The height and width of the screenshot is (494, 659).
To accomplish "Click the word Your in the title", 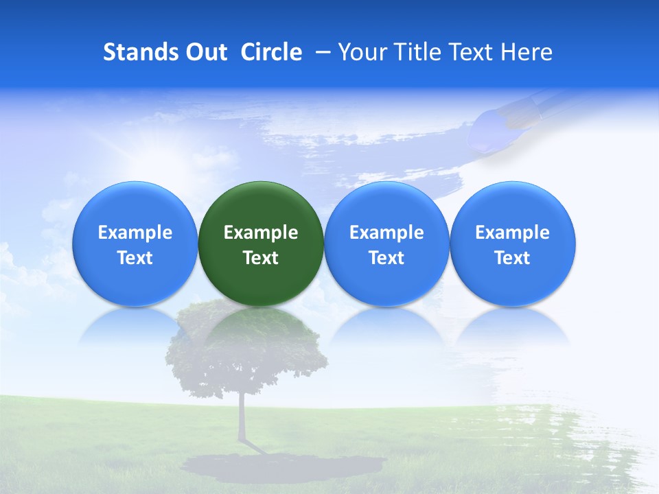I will [361, 52].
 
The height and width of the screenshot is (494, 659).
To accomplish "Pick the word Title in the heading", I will [415, 52].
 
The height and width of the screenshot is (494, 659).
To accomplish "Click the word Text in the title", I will [470, 52].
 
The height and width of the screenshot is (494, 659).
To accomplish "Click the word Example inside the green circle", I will [261, 233].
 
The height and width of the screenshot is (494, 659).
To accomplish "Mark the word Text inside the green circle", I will [261, 258].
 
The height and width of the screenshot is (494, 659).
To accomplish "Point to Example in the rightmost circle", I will [513, 233].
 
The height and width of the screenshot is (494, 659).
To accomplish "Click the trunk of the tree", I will [242, 419].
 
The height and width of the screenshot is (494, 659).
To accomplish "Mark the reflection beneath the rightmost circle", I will [513, 328].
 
